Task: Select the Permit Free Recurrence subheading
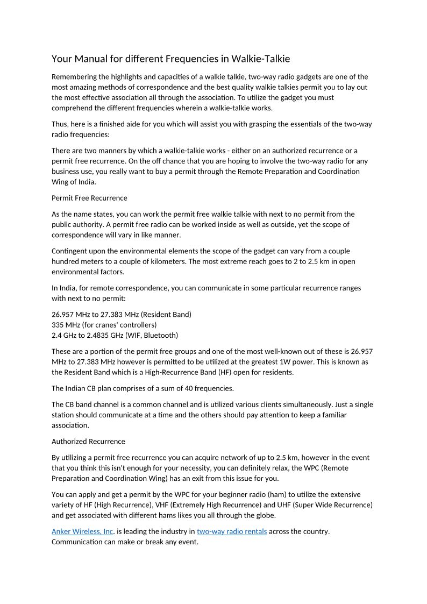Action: click(89, 198)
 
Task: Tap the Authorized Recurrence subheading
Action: click(88, 442)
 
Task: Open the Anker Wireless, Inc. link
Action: click(82, 531)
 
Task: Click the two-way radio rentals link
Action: click(232, 531)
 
